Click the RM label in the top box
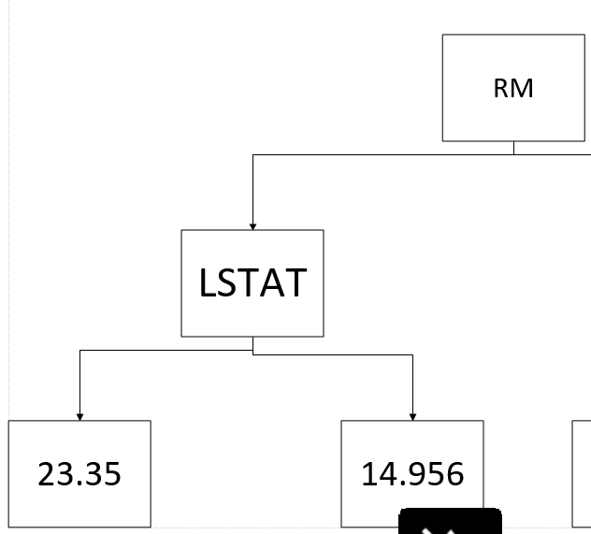point(513,89)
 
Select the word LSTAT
point(252,282)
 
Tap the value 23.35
point(79,474)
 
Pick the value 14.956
point(412,474)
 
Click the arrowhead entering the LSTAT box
point(252,226)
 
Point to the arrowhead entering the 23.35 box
point(79,417)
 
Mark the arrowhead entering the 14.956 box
point(412,417)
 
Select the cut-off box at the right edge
point(582,474)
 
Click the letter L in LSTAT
point(209,282)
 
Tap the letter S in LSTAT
point(229,282)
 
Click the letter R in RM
point(502,89)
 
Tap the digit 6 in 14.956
point(453,474)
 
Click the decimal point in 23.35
point(79,484)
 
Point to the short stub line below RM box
point(513,148)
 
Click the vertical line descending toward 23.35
point(79,383)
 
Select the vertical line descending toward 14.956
point(412,385)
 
